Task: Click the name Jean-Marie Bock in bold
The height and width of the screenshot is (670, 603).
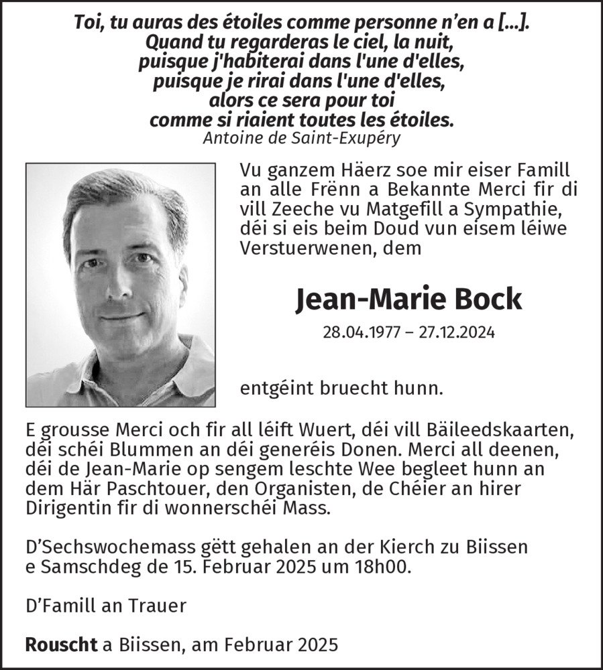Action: click(x=408, y=299)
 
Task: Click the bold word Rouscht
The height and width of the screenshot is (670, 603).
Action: click(x=62, y=645)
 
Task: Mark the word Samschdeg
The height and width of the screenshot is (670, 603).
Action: click(x=88, y=565)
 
